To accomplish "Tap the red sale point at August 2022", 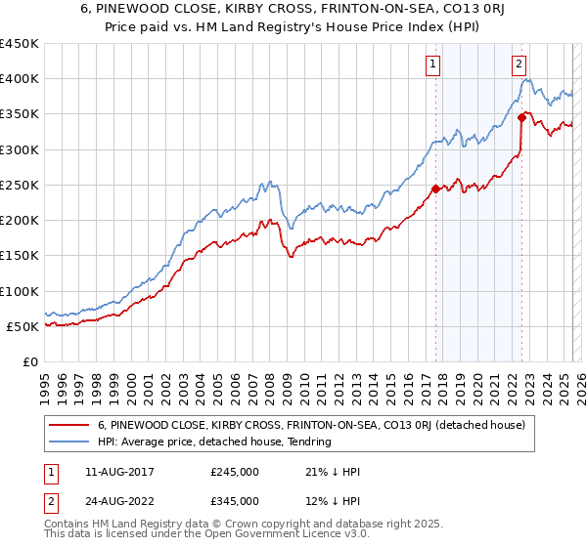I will click(522, 118).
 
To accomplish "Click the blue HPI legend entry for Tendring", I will click(214, 442).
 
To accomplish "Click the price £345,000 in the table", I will click(235, 500).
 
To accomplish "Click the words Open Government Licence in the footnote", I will click(278, 536).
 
